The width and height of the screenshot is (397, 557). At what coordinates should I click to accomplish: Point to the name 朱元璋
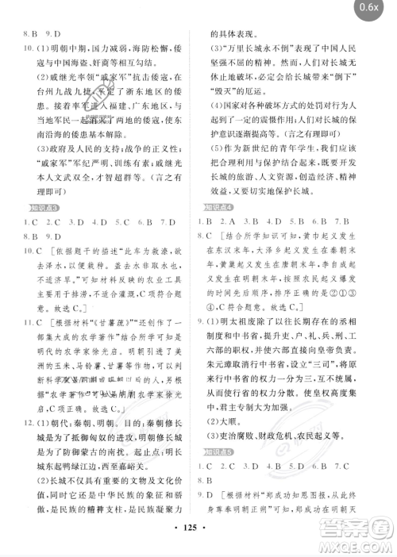point(224,369)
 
